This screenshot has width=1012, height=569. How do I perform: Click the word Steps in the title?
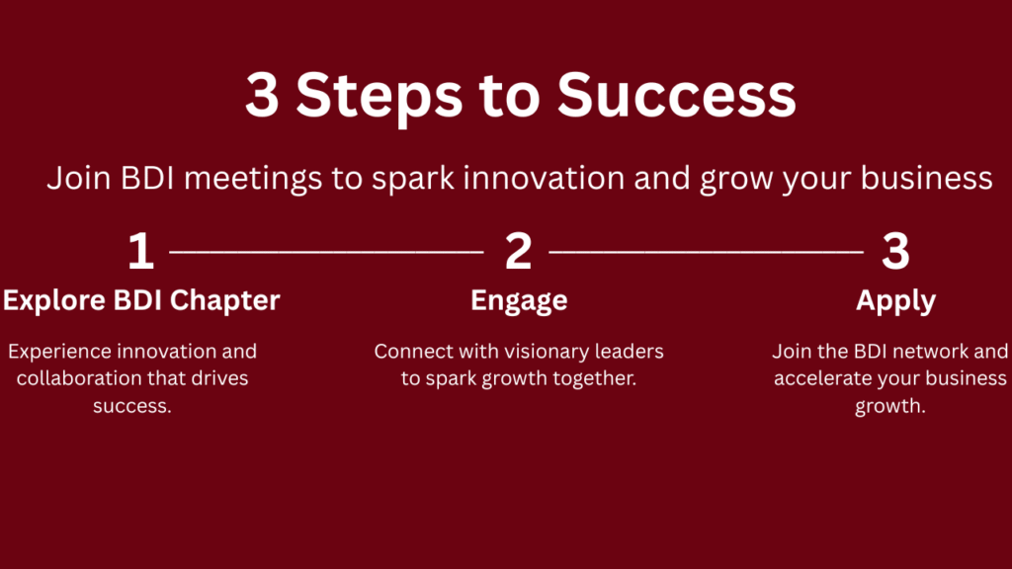[379, 96]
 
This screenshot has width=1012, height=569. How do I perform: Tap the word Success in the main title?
[676, 96]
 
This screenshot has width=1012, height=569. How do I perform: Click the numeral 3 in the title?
[262, 96]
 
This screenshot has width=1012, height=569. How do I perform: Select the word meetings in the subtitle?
[253, 179]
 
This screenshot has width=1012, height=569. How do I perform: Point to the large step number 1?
[141, 251]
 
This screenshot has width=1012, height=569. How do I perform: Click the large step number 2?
[518, 251]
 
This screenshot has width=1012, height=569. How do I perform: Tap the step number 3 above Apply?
[895, 251]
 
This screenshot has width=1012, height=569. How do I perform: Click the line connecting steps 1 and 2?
[326, 252]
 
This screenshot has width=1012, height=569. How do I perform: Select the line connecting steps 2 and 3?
[706, 252]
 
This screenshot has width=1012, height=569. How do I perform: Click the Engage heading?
[519, 301]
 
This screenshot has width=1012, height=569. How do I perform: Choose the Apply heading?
[895, 301]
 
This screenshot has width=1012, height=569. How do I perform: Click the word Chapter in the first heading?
[224, 301]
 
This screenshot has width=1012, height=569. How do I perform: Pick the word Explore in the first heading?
[54, 301]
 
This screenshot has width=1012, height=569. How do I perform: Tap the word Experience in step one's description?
[59, 353]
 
